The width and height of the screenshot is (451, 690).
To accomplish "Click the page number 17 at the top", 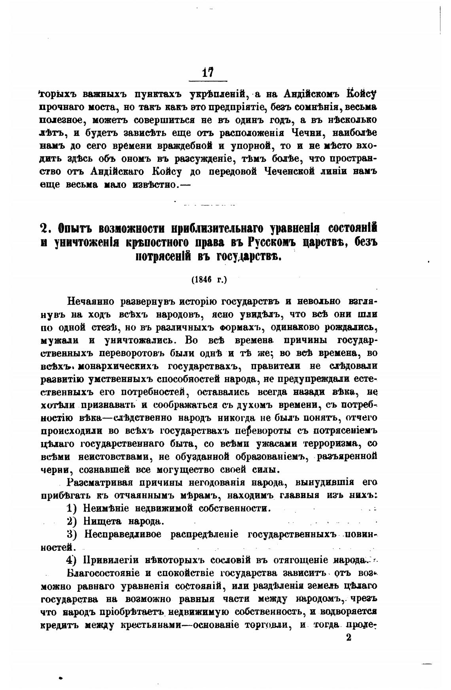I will point(208,72).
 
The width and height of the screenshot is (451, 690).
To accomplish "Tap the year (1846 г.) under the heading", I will point(209,280).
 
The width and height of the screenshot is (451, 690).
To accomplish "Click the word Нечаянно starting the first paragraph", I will point(91,301).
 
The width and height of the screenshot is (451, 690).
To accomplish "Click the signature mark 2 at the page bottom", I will point(349,638).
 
